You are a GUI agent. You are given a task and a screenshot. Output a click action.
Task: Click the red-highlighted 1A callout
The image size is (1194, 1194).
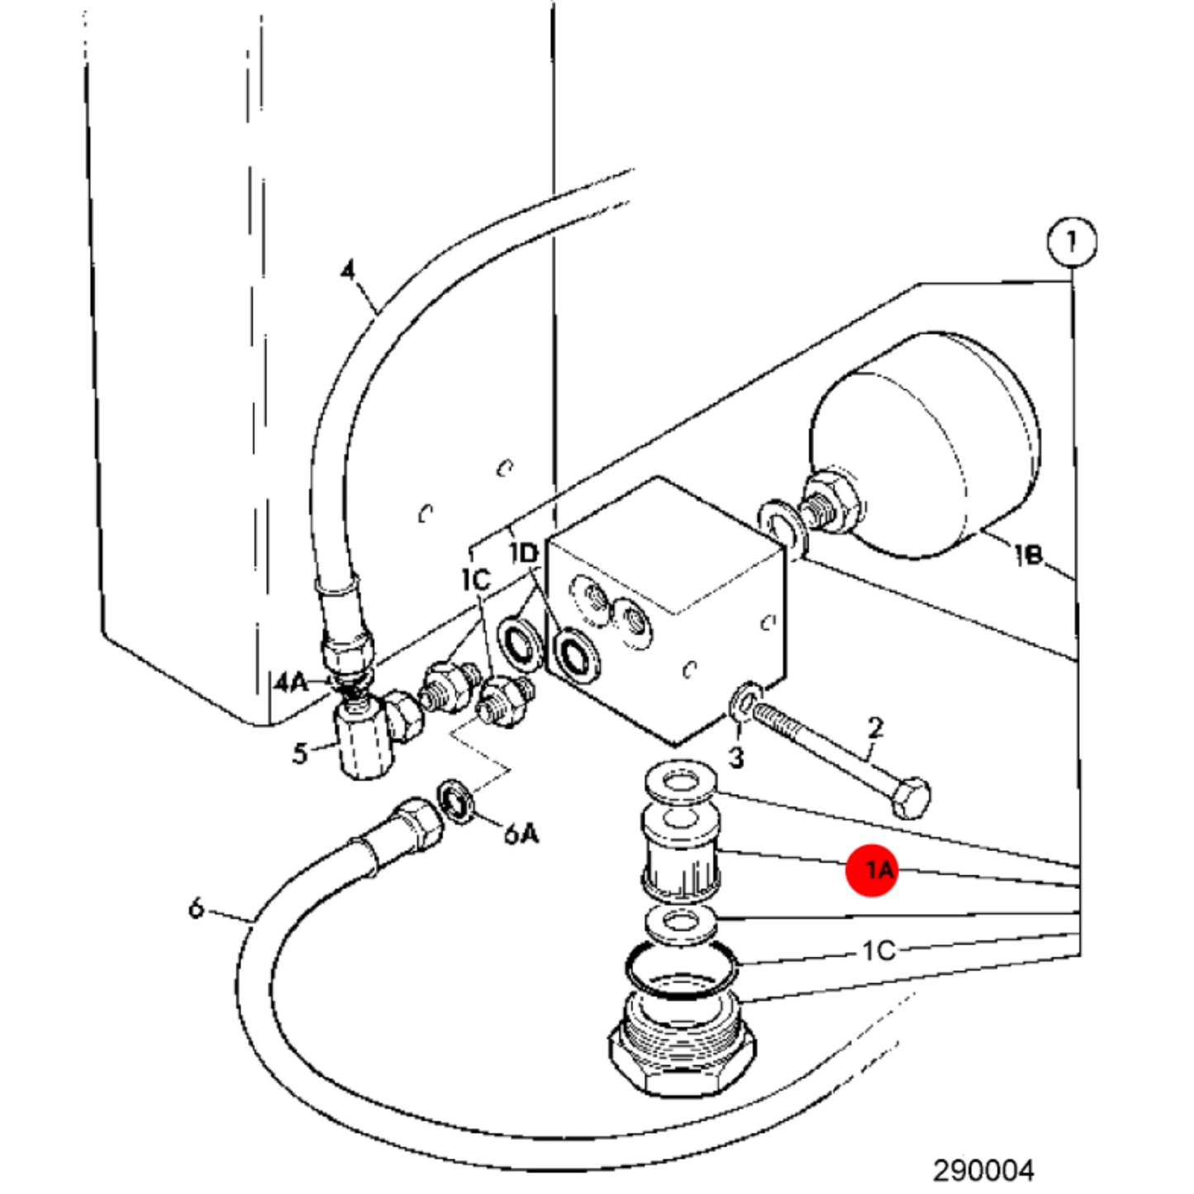[x=873, y=871]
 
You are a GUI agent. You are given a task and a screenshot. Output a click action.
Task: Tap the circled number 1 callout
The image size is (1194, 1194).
[x=1072, y=241]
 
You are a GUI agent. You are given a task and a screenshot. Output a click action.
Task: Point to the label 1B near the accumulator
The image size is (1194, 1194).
[x=1030, y=555]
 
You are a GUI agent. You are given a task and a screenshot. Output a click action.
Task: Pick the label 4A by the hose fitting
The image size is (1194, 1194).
[x=291, y=683]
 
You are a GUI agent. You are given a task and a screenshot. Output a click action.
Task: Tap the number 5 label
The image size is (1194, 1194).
[x=300, y=754]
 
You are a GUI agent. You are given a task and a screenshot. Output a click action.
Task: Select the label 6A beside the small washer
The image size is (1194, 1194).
[x=521, y=834]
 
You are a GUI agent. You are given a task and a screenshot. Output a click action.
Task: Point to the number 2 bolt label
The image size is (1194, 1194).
[x=875, y=728]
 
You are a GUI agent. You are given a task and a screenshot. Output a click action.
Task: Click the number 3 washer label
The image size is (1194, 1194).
[x=735, y=757]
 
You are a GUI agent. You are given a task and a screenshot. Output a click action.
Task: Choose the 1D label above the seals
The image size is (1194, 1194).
[x=524, y=553]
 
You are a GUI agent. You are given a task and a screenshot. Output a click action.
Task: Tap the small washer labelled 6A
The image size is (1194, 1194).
[x=457, y=802]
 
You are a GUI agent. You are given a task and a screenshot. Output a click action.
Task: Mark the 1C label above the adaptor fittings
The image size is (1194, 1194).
[x=476, y=581]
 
